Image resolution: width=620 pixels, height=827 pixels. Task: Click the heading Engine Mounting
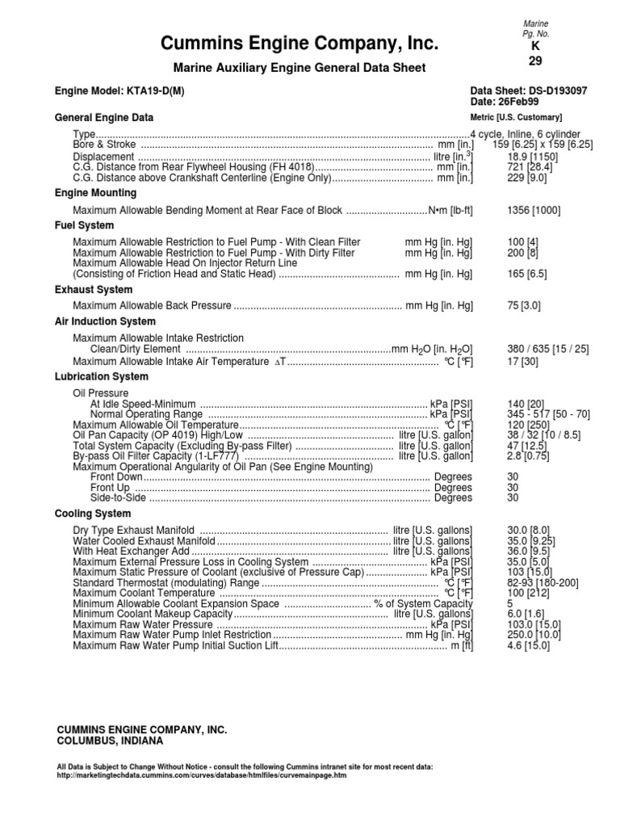[x=95, y=193]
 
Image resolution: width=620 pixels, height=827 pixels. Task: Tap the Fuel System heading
[x=84, y=225]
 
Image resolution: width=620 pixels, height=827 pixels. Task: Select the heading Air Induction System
[x=105, y=321]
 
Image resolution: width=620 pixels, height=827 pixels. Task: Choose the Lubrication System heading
[x=101, y=376]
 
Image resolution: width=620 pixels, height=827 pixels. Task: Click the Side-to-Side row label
[x=114, y=498]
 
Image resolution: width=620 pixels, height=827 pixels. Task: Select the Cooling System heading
[x=92, y=514]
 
